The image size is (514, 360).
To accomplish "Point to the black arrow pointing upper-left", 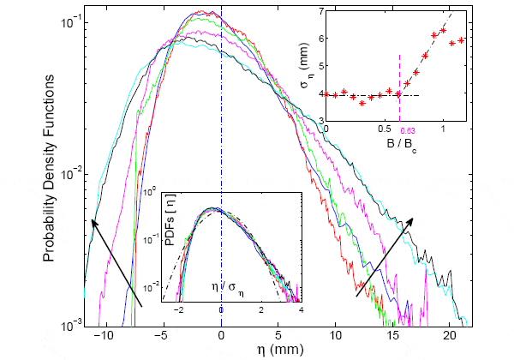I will click(116, 261).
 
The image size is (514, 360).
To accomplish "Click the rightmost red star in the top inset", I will click(462, 39).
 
